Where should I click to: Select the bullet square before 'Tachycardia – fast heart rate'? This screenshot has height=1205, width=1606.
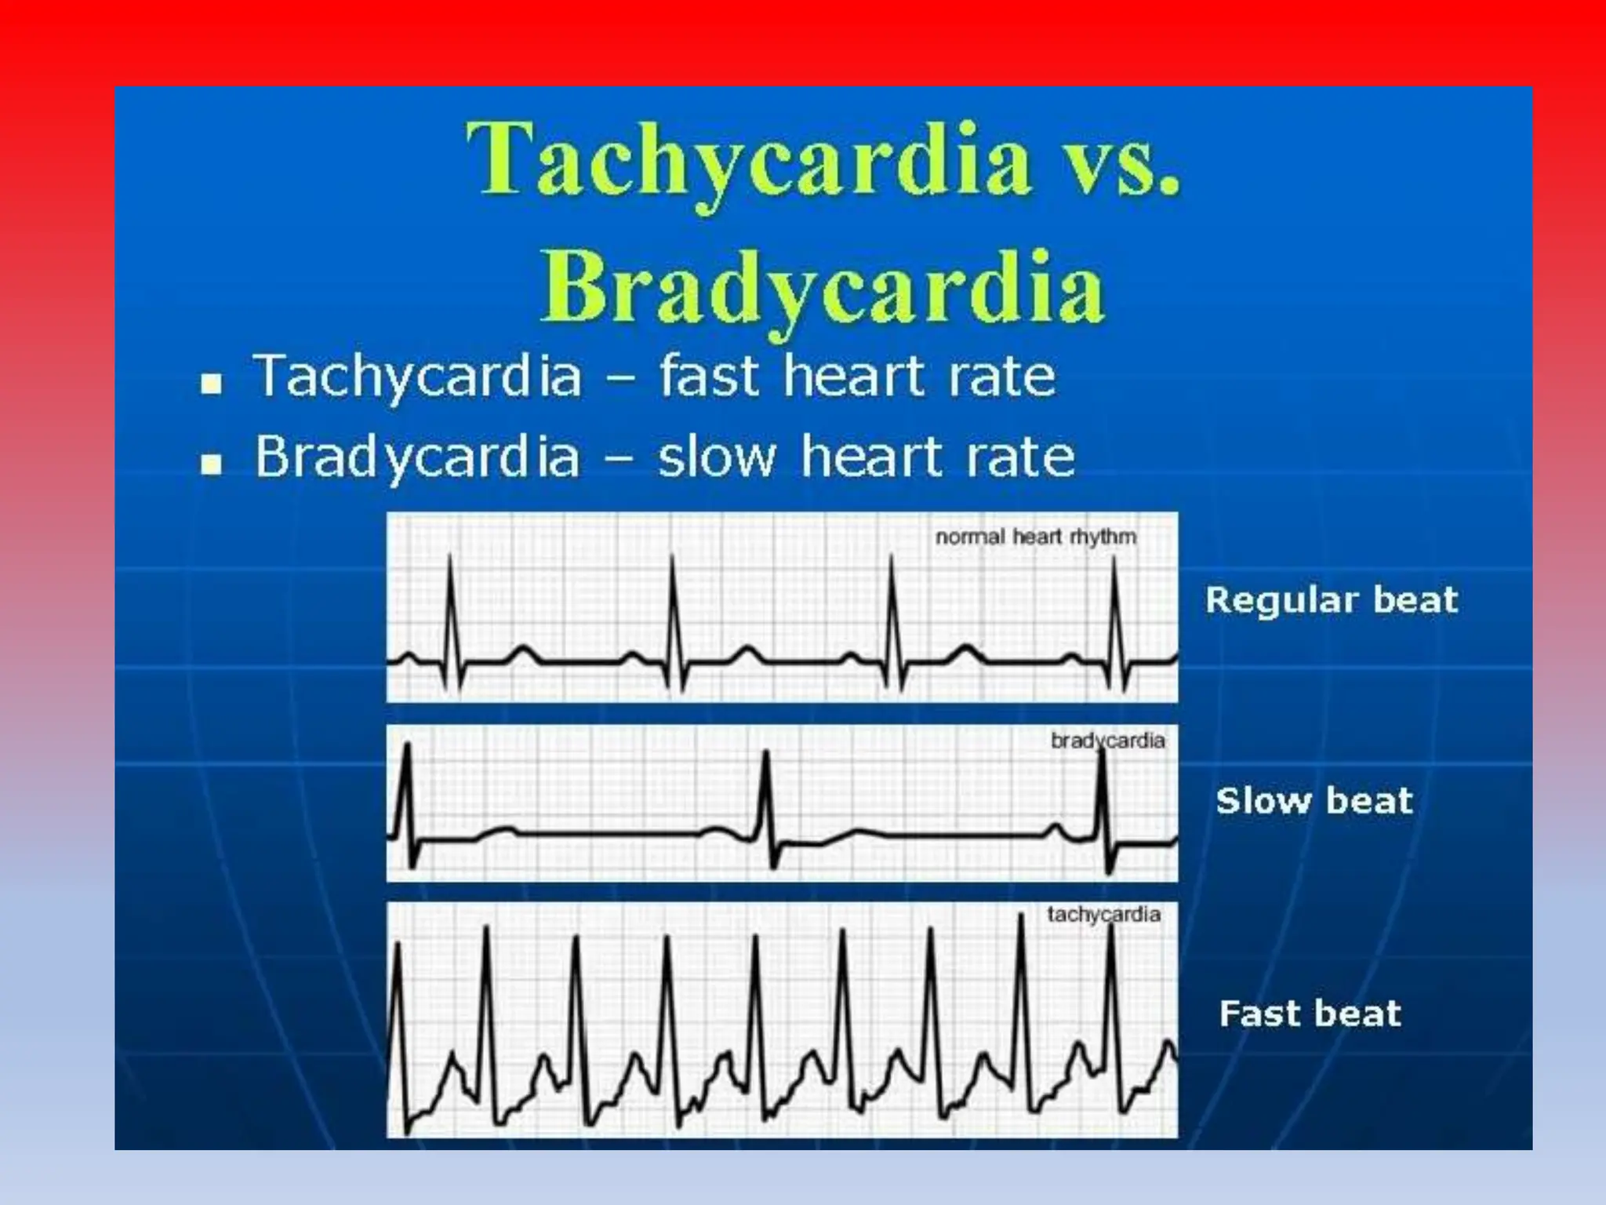tap(211, 384)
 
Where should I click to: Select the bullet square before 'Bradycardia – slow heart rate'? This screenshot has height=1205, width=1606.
tap(211, 464)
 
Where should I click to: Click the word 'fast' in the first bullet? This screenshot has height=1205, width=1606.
tap(709, 376)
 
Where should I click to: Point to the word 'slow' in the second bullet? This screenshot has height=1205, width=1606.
tap(716, 457)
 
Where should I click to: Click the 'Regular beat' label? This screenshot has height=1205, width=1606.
tap(1332, 600)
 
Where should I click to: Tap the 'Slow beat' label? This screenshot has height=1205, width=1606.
tap(1314, 801)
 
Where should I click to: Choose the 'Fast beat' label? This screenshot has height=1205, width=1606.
tap(1310, 1014)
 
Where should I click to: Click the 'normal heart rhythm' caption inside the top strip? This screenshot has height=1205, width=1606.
tap(1035, 537)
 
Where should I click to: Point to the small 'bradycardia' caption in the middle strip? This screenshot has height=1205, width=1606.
tap(1107, 741)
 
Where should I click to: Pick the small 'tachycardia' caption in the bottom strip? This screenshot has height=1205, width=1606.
tap(1103, 915)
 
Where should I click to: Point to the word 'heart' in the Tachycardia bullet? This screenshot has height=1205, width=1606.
tap(855, 376)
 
